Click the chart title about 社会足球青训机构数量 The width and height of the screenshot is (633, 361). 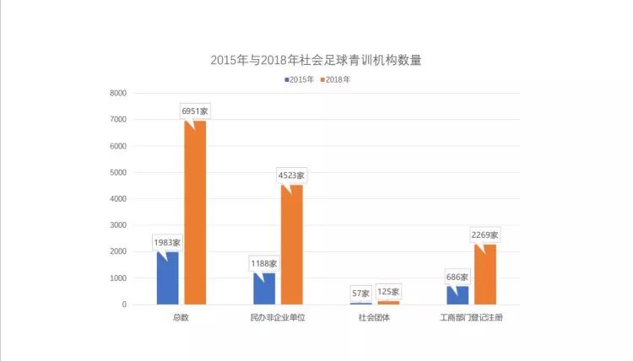point(316,61)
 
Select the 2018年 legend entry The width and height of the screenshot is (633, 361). point(335,80)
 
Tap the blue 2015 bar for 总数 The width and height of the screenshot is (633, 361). point(167,277)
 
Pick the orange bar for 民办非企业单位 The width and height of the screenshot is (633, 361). point(291,245)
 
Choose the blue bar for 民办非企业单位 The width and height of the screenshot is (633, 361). point(264,288)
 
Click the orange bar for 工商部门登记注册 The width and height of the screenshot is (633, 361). point(485,274)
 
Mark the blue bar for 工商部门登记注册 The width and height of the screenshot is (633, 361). point(457,295)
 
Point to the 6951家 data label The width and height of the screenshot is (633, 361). point(195,110)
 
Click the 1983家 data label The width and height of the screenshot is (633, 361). point(167,242)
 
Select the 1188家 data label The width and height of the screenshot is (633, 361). point(263,263)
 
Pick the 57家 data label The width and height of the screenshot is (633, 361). point(361,293)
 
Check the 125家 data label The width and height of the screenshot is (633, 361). point(389,291)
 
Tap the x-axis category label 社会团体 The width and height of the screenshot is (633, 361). point(375,318)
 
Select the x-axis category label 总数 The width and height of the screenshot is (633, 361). point(181,318)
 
